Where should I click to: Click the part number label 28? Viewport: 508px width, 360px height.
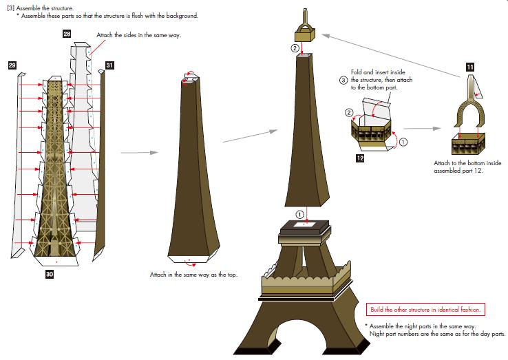click(x=67, y=34)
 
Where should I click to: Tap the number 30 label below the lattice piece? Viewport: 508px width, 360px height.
click(x=50, y=274)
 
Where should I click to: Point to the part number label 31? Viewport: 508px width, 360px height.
click(x=110, y=65)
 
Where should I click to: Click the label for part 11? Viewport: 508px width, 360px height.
click(x=470, y=67)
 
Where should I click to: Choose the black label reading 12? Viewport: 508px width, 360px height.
click(x=360, y=158)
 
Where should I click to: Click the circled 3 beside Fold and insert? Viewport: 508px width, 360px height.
click(x=343, y=80)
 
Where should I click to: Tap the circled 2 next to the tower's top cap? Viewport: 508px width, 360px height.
click(x=295, y=49)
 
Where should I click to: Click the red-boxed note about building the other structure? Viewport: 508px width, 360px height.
click(x=426, y=309)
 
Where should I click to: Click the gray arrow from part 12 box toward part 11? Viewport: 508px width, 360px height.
click(x=421, y=128)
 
